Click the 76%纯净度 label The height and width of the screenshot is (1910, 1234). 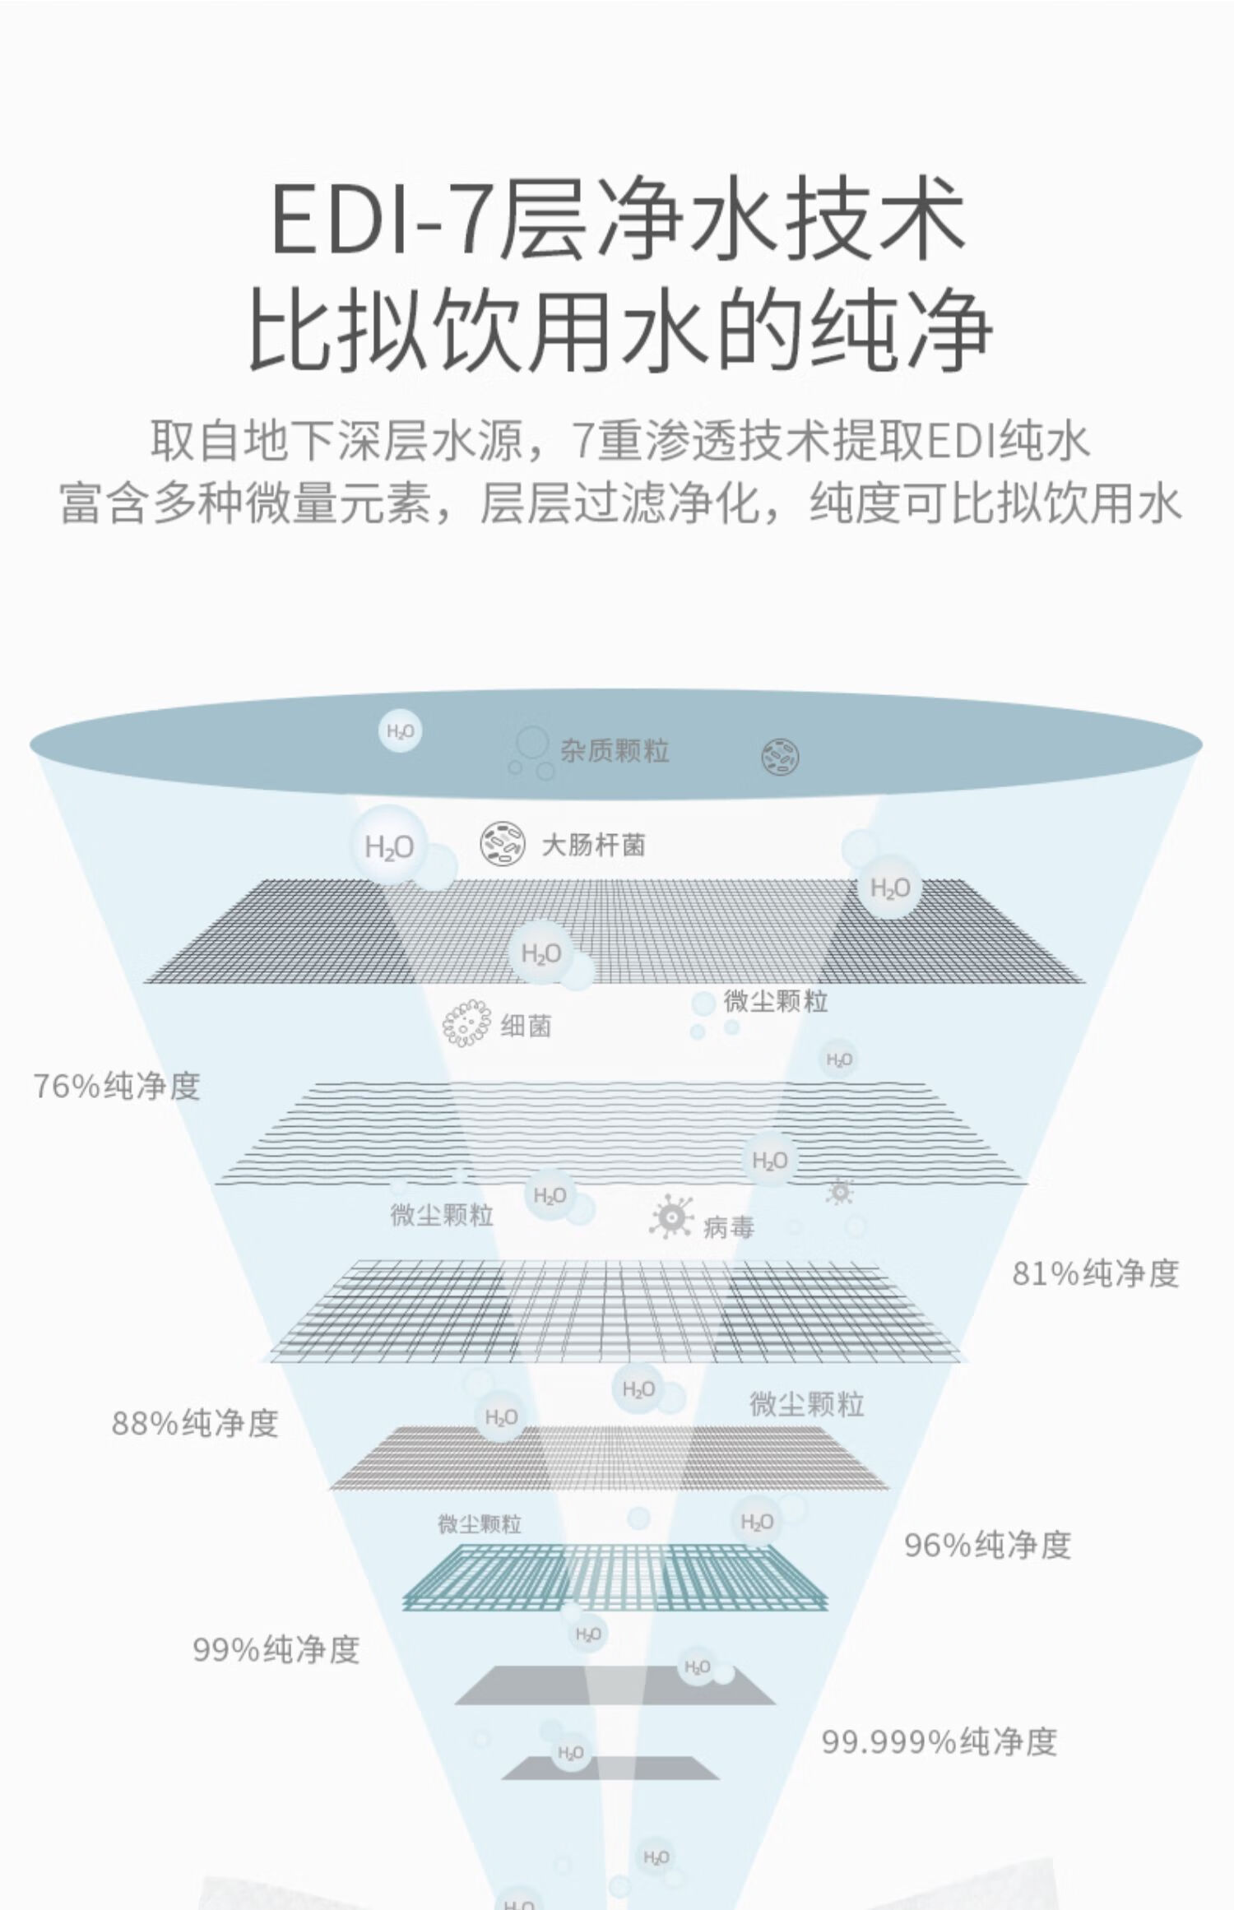tap(117, 1087)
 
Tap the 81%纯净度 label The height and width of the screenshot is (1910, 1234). tap(1096, 1273)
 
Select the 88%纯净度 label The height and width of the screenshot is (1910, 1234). tap(195, 1423)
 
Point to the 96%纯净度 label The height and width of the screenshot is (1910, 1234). tap(987, 1545)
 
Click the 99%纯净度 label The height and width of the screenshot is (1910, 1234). tap(276, 1649)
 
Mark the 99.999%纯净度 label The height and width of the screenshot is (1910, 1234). tap(939, 1741)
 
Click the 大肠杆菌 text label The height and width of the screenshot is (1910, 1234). tap(593, 845)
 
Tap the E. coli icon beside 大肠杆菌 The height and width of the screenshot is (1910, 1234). tap(503, 845)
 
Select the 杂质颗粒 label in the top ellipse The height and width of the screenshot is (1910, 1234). tap(615, 751)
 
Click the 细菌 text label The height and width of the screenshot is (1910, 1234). tap(527, 1026)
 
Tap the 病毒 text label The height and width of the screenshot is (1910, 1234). tap(729, 1228)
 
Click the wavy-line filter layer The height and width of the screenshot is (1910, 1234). tap(621, 1133)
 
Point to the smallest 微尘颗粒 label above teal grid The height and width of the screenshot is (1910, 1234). tap(480, 1524)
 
